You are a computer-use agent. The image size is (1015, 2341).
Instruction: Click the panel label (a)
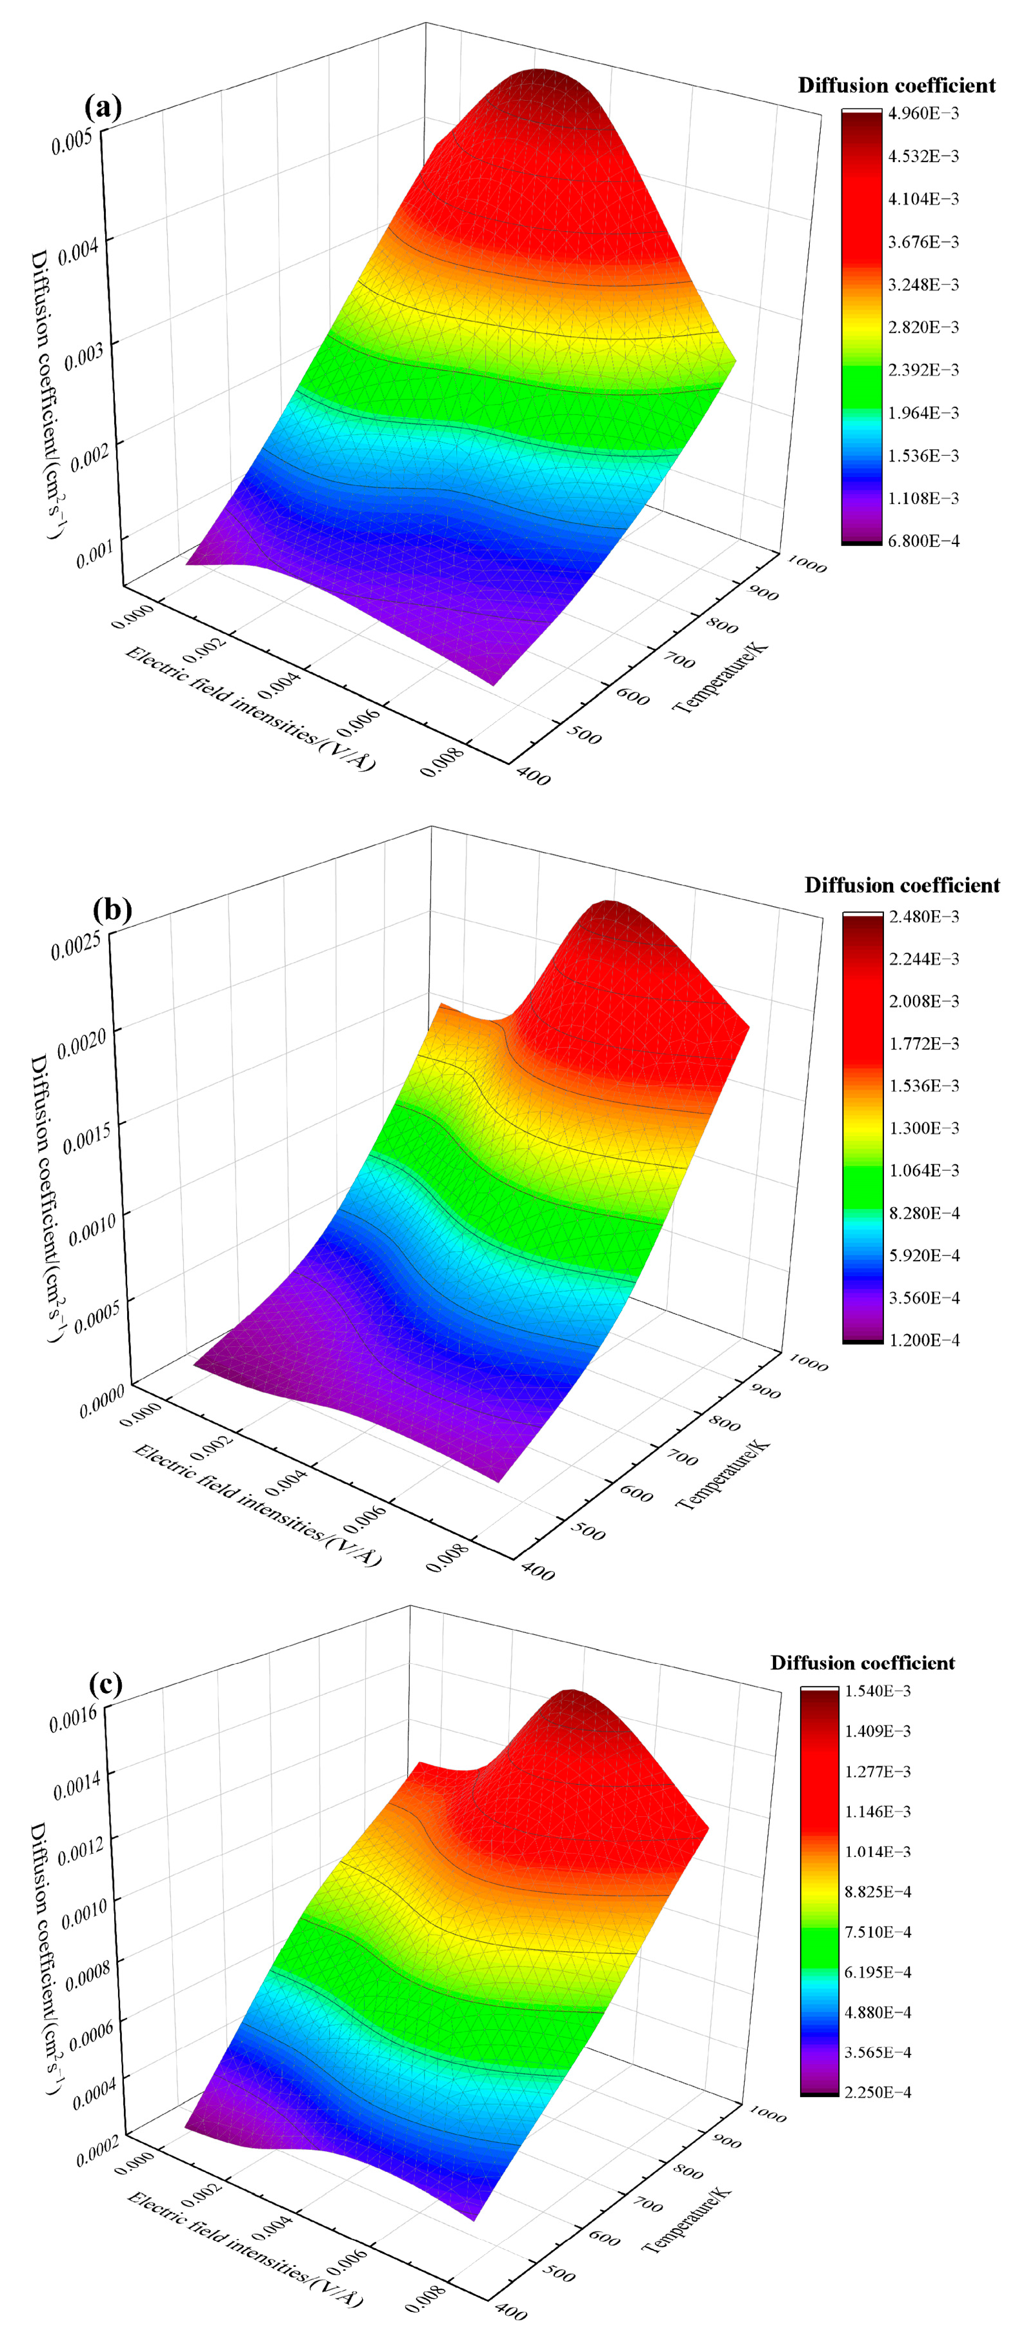[x=103, y=107]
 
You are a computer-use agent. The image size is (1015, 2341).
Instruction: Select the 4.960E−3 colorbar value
[x=923, y=113]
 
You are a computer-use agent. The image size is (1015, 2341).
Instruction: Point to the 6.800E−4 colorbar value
[x=923, y=541]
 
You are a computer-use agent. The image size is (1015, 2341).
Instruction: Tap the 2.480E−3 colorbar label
[x=923, y=916]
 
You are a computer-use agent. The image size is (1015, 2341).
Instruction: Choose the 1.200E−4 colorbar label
[x=923, y=1339]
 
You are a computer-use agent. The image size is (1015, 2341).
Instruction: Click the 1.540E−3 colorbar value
[x=877, y=1690]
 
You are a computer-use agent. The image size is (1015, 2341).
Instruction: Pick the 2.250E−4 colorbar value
[x=877, y=2091]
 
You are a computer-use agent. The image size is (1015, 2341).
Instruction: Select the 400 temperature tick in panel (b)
[x=536, y=1570]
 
